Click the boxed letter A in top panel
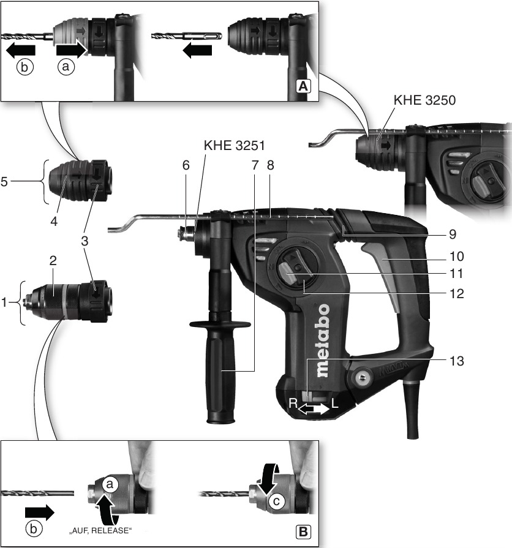tap(303, 86)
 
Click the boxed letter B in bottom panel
tap(303, 531)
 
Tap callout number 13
tap(456, 361)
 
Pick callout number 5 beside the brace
tap(4, 182)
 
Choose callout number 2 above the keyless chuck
tap(53, 260)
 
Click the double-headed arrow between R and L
tap(314, 409)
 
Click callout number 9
tap(452, 234)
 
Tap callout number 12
tap(455, 294)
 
